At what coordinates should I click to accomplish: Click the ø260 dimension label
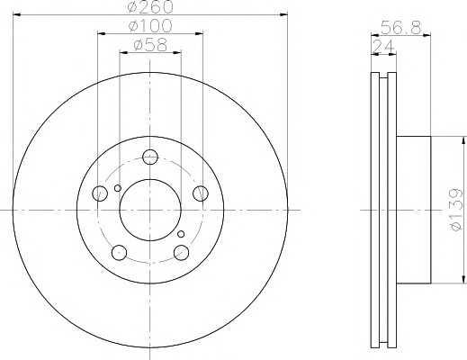pyautogui.click(x=150, y=6)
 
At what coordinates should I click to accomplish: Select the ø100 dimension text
pyautogui.click(x=150, y=26)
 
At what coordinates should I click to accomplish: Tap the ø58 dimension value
pyautogui.click(x=150, y=46)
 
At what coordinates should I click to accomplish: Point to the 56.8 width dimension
pyautogui.click(x=401, y=28)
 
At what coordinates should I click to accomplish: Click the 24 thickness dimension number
pyautogui.click(x=383, y=47)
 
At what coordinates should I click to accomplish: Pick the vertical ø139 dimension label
pyautogui.click(x=456, y=210)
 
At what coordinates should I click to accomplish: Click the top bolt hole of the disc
pyautogui.click(x=150, y=157)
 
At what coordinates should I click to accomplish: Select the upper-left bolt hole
pyautogui.click(x=100, y=193)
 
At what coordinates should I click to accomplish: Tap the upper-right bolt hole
pyautogui.click(x=201, y=193)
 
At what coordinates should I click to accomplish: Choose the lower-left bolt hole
pyautogui.click(x=119, y=252)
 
